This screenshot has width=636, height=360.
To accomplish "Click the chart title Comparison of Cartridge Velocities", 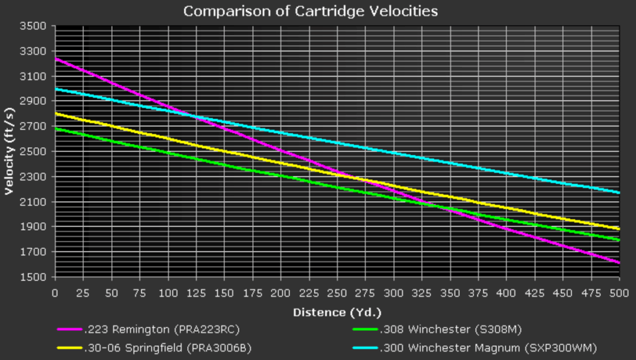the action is point(311,11).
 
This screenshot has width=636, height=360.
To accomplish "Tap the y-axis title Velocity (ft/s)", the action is point(9,151).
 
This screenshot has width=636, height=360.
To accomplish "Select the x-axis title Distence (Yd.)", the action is point(337,312).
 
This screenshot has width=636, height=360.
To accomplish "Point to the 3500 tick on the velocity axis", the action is point(32,26).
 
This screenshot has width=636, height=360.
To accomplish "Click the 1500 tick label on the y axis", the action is point(32,277).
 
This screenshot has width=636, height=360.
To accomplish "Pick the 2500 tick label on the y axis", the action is point(32,151).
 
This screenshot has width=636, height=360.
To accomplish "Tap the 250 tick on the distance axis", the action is point(337,293).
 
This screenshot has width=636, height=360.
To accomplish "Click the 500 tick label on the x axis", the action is point(619,293).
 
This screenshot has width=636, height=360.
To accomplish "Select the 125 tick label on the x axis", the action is point(196,293).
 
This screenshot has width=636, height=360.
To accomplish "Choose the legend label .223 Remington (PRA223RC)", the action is point(162,329).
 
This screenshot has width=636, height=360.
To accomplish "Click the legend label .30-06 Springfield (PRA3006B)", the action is point(168,348).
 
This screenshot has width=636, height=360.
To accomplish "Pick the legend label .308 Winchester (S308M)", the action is point(451,329).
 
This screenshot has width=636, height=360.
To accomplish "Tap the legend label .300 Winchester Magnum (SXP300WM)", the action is point(488,348).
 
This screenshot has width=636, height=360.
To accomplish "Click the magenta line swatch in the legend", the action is point(70,329).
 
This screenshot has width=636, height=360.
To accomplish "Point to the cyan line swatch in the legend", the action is point(365,348).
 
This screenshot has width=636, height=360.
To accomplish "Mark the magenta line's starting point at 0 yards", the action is point(55,59).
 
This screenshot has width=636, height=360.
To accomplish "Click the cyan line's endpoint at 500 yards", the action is point(619,192).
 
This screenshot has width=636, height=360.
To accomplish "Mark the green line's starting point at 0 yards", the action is point(55,129).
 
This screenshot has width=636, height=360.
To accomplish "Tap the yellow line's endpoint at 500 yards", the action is point(619,229).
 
